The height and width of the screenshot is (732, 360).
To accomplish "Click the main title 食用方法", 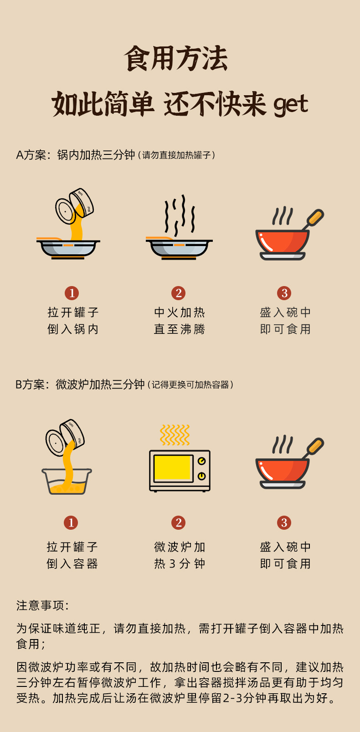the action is click(176, 58).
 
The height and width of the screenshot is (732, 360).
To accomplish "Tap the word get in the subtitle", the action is click(291, 105).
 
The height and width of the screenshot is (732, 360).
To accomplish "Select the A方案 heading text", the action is click(31, 155).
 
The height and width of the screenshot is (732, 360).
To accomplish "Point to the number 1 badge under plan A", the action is click(72, 293).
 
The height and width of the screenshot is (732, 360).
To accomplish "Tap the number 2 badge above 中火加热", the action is click(179, 293).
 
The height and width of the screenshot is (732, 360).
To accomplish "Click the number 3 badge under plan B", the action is click(284, 522).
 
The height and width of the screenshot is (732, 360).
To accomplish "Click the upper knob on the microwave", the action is click(202, 461).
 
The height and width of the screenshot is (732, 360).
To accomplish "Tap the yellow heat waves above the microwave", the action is click(175, 435).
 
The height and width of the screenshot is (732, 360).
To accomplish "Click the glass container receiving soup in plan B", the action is click(67, 481).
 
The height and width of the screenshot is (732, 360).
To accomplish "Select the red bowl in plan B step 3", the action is click(282, 474).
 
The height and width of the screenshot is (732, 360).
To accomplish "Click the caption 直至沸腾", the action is click(180, 329).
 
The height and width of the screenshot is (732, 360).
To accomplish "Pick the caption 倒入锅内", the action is click(73, 329).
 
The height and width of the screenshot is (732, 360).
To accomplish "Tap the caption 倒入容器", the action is click(72, 564).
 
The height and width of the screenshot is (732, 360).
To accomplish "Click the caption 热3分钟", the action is click(180, 564).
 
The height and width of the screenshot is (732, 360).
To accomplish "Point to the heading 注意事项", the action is click(42, 605).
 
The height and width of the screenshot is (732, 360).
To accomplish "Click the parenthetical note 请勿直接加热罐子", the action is click(176, 155).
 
